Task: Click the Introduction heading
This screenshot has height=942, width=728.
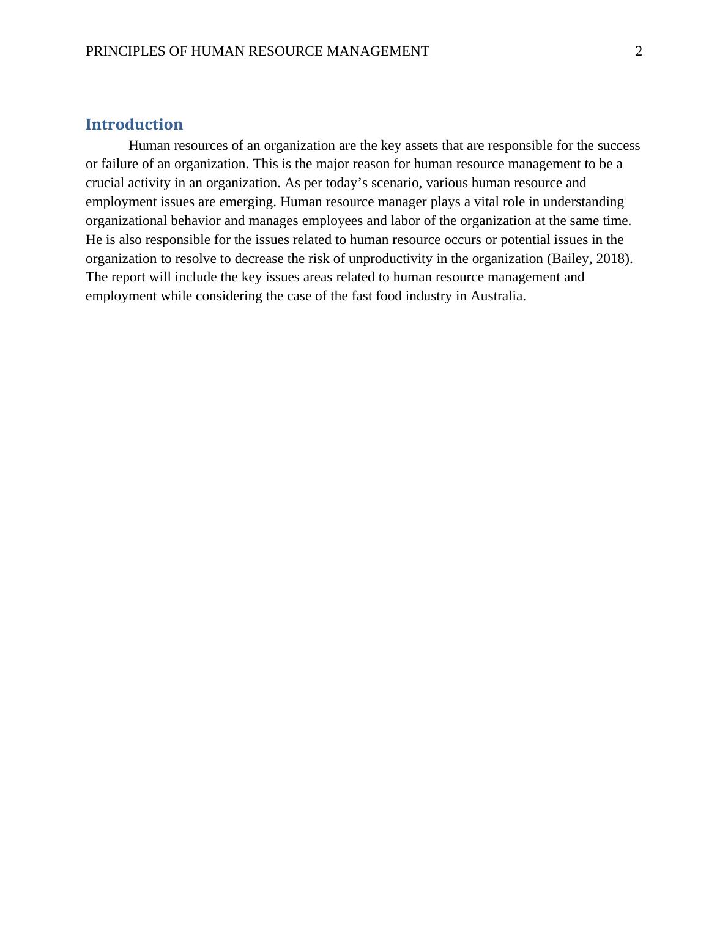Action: pos(134,124)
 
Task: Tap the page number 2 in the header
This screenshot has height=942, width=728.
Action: pos(639,51)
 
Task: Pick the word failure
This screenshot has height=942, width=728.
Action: pos(120,165)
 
